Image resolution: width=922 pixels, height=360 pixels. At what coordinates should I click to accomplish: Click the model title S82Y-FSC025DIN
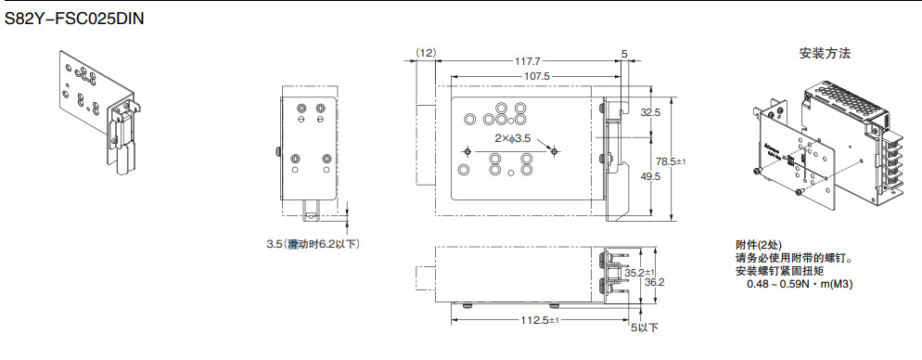tap(74, 19)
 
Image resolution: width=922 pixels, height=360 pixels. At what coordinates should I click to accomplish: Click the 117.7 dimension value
tap(528, 60)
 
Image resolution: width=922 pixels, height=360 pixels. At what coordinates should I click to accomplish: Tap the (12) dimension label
tap(425, 53)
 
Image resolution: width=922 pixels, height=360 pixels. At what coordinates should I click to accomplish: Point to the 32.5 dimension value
tap(649, 111)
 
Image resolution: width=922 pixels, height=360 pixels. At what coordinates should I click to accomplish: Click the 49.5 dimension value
tap(649, 176)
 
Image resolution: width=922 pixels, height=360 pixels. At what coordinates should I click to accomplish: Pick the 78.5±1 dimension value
tap(672, 161)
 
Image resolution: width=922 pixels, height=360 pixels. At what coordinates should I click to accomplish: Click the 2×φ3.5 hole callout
tap(513, 139)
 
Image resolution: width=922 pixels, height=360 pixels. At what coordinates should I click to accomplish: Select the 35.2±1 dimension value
tap(640, 273)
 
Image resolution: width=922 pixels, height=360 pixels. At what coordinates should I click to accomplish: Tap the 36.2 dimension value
tap(655, 283)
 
